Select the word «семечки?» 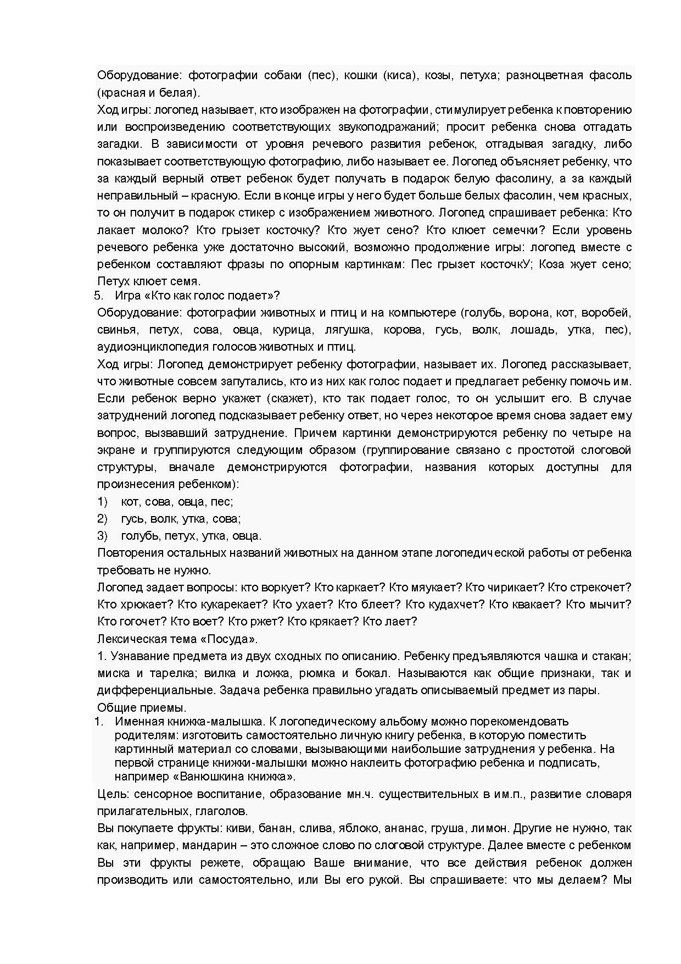click(x=517, y=230)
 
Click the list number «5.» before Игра click(x=99, y=295)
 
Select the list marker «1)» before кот click(x=102, y=501)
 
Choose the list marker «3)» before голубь click(x=102, y=535)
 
